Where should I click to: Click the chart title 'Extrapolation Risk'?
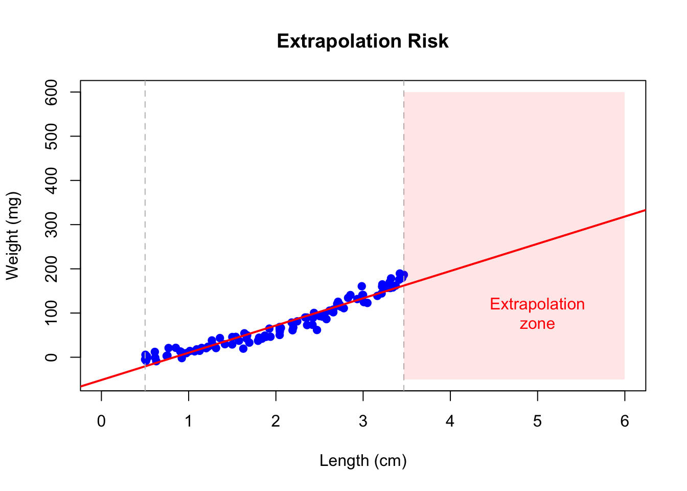tap(362, 41)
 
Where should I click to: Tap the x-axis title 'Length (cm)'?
tap(363, 461)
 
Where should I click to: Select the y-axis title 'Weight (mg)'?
tap(12, 236)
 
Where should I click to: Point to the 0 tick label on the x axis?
tap(101, 421)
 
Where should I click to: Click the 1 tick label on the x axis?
tap(189, 421)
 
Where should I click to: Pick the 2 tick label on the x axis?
tap(276, 421)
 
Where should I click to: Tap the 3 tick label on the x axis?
tap(363, 421)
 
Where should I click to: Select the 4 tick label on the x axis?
tap(450, 421)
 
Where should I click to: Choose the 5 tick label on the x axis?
tap(537, 421)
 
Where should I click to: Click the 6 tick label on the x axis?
tap(625, 421)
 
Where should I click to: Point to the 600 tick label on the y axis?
tap(52, 92)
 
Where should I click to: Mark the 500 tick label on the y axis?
tap(52, 136)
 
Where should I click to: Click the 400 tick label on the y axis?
tap(52, 181)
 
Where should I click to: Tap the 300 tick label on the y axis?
tap(52, 225)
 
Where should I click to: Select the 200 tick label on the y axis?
tap(52, 269)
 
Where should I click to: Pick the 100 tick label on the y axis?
tap(52, 313)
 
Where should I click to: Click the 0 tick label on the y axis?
tap(52, 357)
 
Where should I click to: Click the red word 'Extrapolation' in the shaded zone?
tap(537, 304)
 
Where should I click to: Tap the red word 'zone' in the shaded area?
tap(537, 324)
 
